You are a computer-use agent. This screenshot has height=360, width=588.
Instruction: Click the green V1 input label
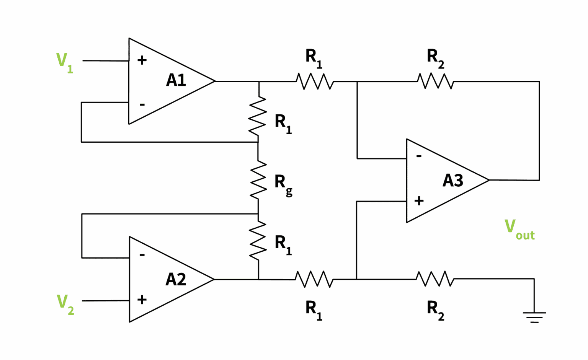(x=64, y=62)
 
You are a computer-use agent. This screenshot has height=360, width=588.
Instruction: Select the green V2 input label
(x=65, y=304)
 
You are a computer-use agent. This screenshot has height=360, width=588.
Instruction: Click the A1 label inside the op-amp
(x=176, y=80)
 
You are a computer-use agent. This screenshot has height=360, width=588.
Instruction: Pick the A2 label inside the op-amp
(x=176, y=279)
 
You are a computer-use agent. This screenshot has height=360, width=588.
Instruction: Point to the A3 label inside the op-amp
(x=452, y=181)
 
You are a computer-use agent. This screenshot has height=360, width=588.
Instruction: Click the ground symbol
(x=534, y=317)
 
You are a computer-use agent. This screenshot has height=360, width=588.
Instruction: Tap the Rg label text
(x=283, y=184)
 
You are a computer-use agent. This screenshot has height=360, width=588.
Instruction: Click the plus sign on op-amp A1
(x=142, y=60)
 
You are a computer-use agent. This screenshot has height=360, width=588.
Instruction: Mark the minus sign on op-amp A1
(x=142, y=104)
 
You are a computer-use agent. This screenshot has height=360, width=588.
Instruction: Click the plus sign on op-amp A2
(x=142, y=299)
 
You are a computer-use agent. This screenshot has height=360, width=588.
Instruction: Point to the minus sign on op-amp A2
(x=142, y=255)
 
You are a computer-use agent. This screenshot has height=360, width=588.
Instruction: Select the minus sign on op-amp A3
(x=419, y=156)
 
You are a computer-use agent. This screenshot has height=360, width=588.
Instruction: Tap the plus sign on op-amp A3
(x=419, y=200)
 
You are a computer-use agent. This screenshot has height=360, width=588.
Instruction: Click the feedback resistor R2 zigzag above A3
(x=435, y=81)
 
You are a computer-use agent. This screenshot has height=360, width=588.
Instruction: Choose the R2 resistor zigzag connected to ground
(x=435, y=279)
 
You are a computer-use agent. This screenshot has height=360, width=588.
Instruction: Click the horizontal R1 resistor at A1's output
(x=314, y=81)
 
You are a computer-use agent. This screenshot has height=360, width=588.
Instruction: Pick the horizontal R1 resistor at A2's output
(x=314, y=279)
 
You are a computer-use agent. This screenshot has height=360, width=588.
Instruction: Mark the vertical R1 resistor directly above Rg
(x=258, y=117)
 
